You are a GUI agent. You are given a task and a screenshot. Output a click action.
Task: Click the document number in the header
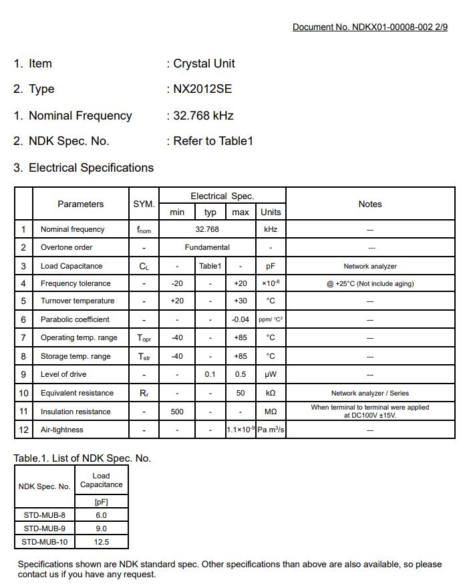[369, 27]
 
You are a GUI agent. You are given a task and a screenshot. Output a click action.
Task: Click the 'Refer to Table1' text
[212, 141]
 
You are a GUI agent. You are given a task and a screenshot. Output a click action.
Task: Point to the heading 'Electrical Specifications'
[91, 168]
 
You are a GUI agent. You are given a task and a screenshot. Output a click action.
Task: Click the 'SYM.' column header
[144, 204]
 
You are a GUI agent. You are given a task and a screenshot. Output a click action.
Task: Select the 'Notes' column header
[369, 204]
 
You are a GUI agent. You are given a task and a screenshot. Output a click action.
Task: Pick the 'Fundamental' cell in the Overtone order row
[207, 247]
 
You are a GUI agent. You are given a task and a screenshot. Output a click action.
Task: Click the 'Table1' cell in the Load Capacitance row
[210, 266]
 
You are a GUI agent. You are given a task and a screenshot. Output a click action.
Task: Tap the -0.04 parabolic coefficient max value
[241, 319]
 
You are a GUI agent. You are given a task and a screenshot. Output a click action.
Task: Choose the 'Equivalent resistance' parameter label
[77, 393]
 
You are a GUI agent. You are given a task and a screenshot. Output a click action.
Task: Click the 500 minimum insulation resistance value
[177, 412]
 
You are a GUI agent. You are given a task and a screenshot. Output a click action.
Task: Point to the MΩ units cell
[271, 412]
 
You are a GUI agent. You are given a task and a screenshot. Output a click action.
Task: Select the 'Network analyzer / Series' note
[369, 393]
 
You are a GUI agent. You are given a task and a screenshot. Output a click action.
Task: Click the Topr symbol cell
[144, 338]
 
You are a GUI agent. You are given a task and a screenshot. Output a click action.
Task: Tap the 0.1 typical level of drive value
[210, 374]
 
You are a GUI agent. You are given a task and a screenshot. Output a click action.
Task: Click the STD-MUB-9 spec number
[44, 529]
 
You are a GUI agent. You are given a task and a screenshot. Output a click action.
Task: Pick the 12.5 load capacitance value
[101, 542]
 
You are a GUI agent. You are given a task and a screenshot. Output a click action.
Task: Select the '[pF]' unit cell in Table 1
[101, 502]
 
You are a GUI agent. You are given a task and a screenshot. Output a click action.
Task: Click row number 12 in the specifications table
[23, 430]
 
